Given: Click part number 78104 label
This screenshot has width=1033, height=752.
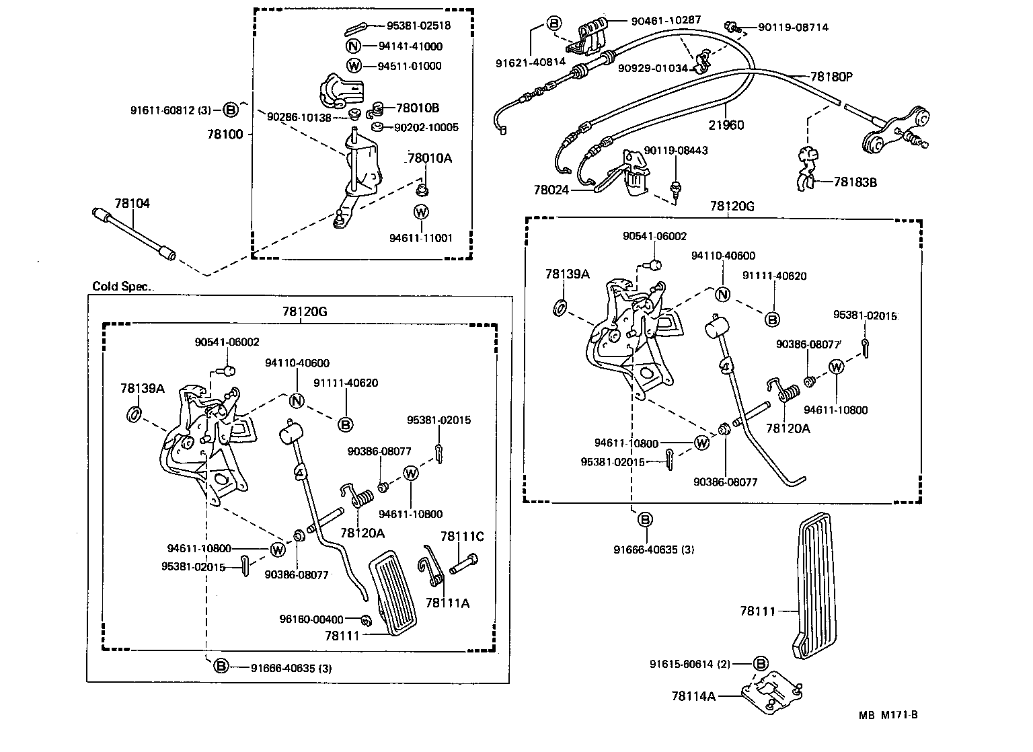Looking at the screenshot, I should click(132, 203).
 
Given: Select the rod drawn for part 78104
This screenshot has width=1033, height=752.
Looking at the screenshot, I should click(133, 234).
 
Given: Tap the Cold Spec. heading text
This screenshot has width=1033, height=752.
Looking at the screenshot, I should click(122, 287).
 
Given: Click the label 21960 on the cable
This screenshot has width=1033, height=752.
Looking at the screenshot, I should click(726, 125).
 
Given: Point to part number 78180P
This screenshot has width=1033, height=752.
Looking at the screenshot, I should click(831, 77).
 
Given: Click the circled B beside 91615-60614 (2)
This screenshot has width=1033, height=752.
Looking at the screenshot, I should click(761, 664).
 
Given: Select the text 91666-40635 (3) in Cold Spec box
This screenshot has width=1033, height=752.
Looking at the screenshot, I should click(291, 668).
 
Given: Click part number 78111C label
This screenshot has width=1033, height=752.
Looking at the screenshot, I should click(462, 536).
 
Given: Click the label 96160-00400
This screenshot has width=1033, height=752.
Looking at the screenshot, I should click(311, 619).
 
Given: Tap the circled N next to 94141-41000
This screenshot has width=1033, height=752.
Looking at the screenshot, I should click(354, 46).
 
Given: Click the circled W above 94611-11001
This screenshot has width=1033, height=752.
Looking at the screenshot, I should click(421, 212).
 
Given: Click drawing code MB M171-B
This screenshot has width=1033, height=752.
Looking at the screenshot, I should click(887, 714).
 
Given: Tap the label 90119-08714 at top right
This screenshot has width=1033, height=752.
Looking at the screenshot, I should click(793, 28).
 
